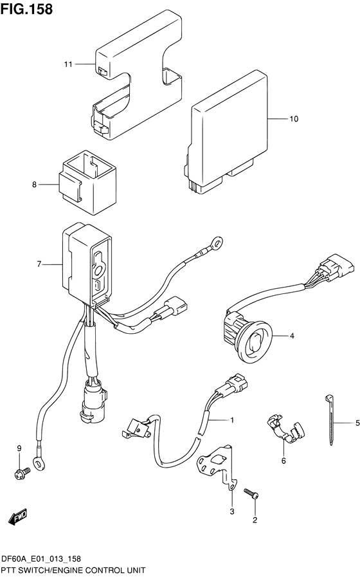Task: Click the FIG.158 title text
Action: tap(27, 10)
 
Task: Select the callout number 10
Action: tap(294, 119)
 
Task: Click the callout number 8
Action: tap(35, 185)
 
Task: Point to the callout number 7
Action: tap(39, 264)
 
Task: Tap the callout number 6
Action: tap(282, 461)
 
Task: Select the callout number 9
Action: tap(19, 448)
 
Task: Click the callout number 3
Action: tap(233, 511)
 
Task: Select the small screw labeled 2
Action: tap(251, 493)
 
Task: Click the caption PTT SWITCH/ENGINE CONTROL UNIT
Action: tap(73, 570)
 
